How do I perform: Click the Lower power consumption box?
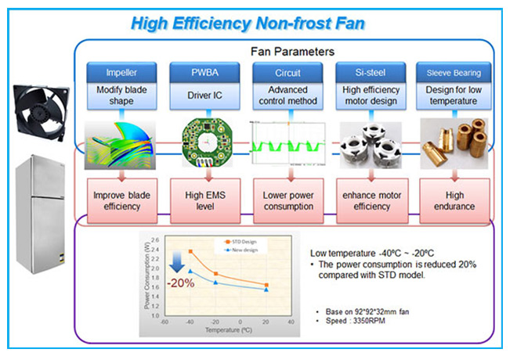287,200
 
